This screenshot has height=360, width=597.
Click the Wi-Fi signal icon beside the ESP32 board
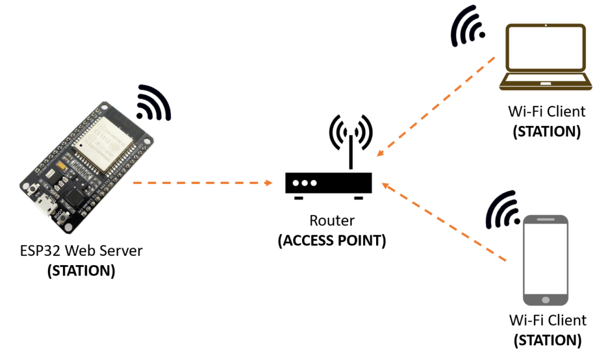(x=153, y=103)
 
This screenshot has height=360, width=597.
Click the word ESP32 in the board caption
(x=40, y=249)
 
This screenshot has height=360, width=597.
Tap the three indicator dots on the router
(x=305, y=183)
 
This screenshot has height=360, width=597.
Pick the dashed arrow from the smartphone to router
(x=444, y=221)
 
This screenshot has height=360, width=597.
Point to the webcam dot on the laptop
(x=545, y=25)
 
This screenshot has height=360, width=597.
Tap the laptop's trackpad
(x=545, y=83)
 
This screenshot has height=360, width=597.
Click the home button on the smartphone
(x=545, y=299)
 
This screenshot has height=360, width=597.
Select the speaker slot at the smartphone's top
(x=545, y=220)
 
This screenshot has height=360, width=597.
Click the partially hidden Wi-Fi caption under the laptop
(x=546, y=107)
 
